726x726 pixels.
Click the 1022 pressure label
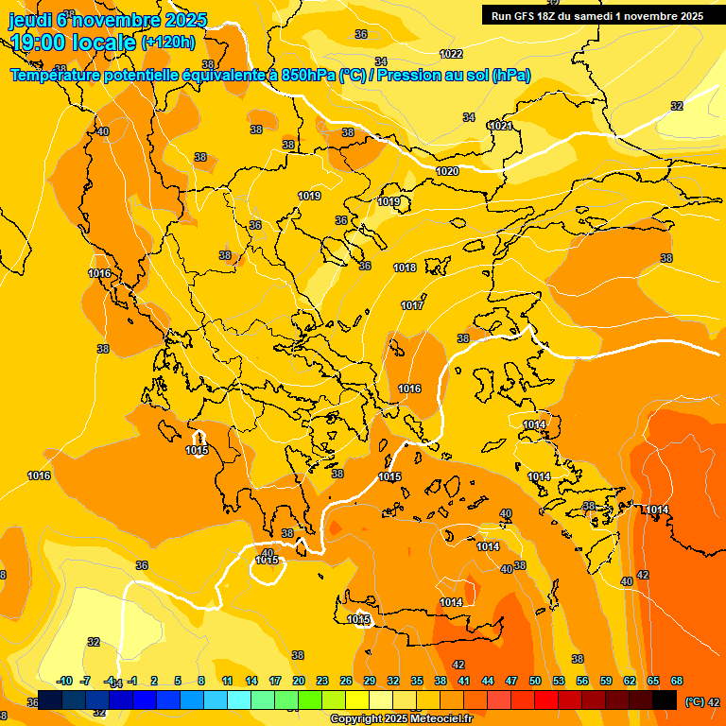click(451, 54)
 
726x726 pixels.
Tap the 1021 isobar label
click(500, 126)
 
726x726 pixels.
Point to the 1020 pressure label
click(447, 171)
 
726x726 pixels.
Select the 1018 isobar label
click(405, 268)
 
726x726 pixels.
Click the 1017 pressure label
click(411, 305)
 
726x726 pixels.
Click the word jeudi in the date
click(30, 19)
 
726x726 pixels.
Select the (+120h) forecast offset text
click(168, 42)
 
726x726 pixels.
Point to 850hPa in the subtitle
click(308, 76)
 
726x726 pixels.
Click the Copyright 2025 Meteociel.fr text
click(400, 719)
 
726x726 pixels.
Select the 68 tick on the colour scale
click(677, 681)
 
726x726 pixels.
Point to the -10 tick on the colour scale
click(64, 681)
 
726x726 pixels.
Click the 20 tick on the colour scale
click(299, 681)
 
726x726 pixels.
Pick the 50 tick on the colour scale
click(535, 681)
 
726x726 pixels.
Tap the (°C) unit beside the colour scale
click(695, 701)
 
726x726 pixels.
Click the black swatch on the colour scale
click(665, 700)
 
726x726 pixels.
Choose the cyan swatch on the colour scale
click(239, 700)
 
